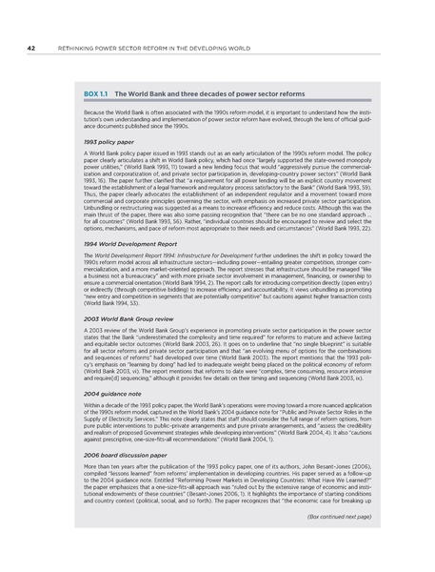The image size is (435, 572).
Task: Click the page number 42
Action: (x=31, y=46)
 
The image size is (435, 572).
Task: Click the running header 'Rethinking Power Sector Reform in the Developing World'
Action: (x=143, y=46)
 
